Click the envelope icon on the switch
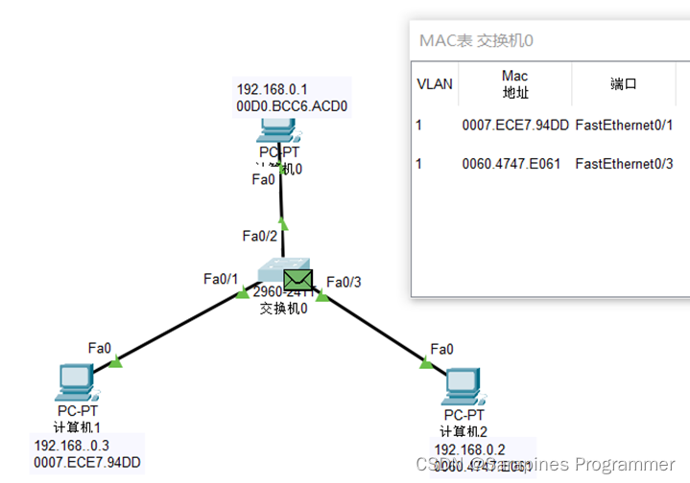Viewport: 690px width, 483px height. (x=298, y=281)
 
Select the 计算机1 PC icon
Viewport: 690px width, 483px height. (x=75, y=382)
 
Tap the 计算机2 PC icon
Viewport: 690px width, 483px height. (x=464, y=386)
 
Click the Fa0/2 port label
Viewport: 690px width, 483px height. (x=260, y=235)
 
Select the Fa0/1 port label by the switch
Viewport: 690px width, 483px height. (x=220, y=279)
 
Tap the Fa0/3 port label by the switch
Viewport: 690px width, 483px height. (x=345, y=282)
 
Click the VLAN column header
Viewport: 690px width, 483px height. (x=434, y=84)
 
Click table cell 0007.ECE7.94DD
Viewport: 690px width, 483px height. (x=515, y=125)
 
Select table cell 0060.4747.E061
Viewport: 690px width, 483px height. (x=515, y=164)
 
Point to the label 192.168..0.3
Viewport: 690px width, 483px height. (x=72, y=446)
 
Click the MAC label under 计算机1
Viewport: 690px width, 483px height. (x=87, y=463)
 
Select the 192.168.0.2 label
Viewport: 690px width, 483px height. (x=469, y=448)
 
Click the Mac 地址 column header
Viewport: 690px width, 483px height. (x=515, y=84)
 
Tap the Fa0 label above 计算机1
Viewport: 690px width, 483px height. (x=100, y=347)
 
